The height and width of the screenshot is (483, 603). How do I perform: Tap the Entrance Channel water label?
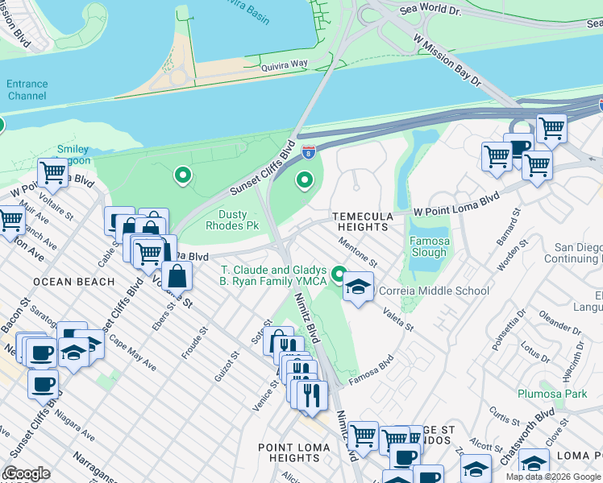coord(27,89)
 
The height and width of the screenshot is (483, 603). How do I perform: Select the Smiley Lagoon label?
coord(73,155)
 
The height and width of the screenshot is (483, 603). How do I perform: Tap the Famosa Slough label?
coord(429,246)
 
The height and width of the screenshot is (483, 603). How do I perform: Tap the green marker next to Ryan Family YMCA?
coord(339,275)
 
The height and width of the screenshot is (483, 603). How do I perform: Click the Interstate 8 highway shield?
coord(308,151)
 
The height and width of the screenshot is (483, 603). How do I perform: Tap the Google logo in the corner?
coord(26,473)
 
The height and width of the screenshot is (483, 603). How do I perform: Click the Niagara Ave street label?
coord(74,426)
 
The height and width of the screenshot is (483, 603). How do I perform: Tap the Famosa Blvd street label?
coord(370,369)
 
